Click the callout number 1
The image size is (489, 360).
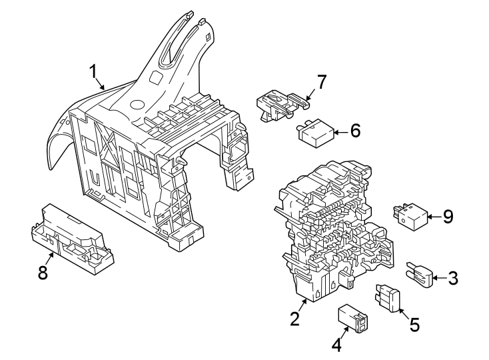pyautogui.click(x=95, y=71)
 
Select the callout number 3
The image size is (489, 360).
pyautogui.click(x=453, y=278)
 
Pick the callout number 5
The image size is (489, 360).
pyautogui.click(x=414, y=325)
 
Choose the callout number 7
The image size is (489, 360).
pyautogui.click(x=322, y=82)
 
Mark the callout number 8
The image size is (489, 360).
pyautogui.click(x=43, y=273)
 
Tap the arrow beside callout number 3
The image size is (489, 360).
pyautogui.click(x=438, y=278)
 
